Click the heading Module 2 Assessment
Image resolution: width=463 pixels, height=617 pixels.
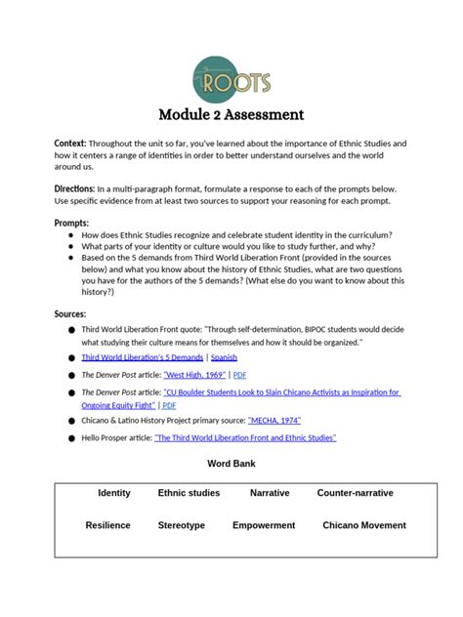(x=231, y=114)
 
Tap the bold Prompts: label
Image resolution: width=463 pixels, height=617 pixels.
(x=71, y=223)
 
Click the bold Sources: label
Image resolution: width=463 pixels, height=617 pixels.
(x=71, y=313)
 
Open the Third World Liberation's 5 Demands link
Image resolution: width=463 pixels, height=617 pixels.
(x=143, y=358)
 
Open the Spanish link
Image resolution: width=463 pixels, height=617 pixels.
(x=224, y=358)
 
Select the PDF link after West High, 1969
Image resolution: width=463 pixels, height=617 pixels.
(x=240, y=374)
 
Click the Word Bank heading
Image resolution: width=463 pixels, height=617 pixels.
(x=231, y=462)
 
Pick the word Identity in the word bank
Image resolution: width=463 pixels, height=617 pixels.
(x=114, y=493)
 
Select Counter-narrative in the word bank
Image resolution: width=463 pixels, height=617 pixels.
(x=355, y=493)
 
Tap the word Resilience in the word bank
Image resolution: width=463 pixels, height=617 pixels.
(x=107, y=525)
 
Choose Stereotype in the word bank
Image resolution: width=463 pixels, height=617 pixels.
(x=182, y=525)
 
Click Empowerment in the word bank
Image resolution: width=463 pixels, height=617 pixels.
(x=264, y=525)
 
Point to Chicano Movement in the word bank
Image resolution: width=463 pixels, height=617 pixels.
(x=364, y=525)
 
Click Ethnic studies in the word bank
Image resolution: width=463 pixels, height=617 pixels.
(x=189, y=493)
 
